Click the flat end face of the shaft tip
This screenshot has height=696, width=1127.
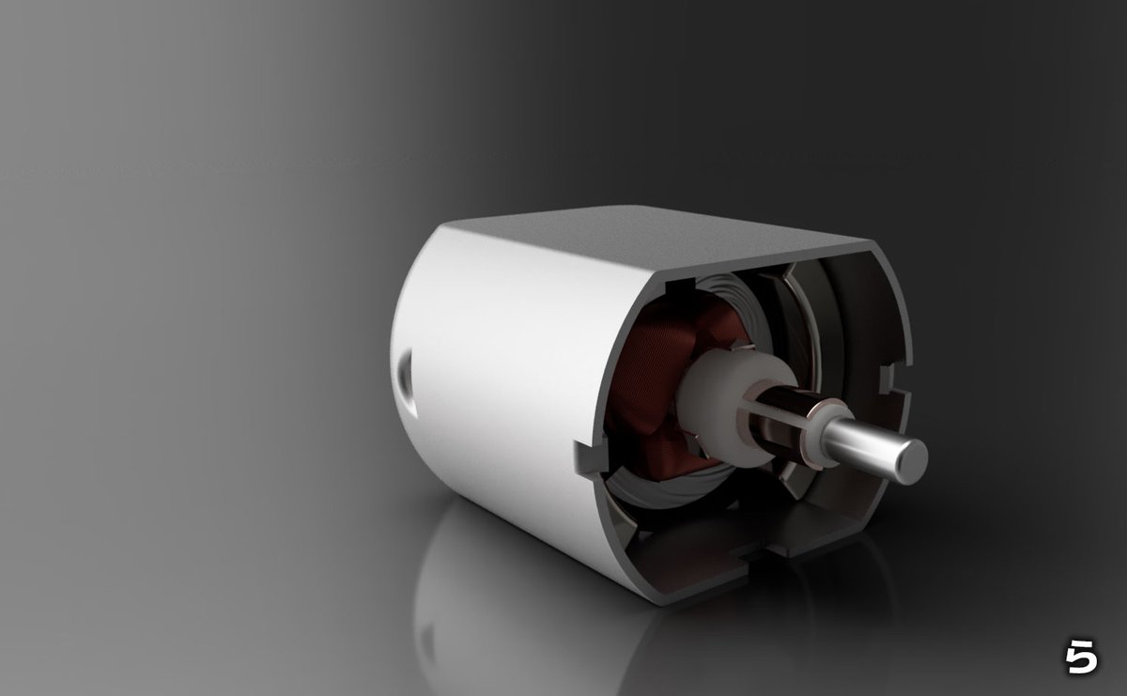tap(909, 459)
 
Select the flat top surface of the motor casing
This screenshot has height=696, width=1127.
tap(657, 235)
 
